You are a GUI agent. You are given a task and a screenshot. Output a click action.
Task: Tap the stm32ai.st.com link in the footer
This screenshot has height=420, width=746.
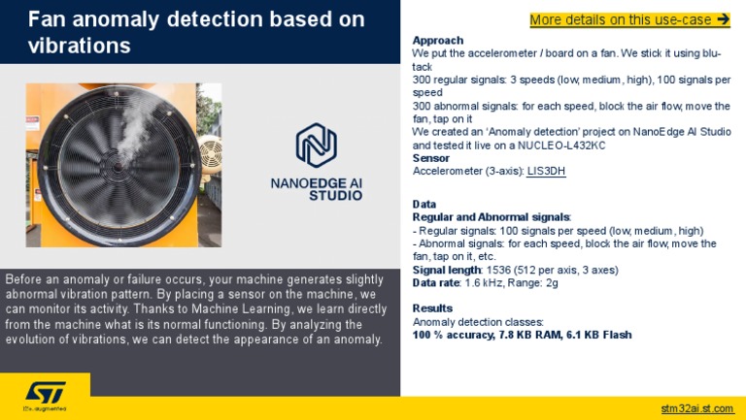point(696,407)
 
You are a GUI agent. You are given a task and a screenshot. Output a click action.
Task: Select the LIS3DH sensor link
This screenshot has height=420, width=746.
point(546,172)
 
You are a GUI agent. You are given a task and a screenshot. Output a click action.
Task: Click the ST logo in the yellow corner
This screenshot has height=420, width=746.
point(44,393)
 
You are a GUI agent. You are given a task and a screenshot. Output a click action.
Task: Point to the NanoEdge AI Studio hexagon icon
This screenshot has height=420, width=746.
point(316,145)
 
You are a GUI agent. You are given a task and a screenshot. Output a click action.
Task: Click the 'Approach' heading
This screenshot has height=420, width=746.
point(438,40)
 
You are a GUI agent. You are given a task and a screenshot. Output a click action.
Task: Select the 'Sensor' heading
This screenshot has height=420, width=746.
point(431,158)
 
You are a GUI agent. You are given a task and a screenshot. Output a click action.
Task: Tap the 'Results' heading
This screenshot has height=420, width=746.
point(432,308)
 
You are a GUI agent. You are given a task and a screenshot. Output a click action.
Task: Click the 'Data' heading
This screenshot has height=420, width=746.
point(424,205)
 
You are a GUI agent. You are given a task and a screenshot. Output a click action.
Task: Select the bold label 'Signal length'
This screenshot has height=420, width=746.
point(448,270)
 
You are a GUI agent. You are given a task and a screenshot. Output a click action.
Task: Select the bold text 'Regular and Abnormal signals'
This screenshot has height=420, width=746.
point(491,217)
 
